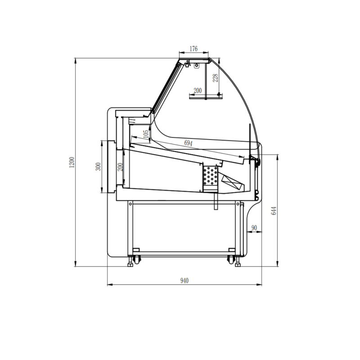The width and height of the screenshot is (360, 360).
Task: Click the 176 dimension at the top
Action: (193, 49)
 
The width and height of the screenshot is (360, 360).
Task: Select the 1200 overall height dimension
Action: (72, 162)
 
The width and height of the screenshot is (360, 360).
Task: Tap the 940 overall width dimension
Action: (184, 280)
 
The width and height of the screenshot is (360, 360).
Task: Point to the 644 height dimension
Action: (274, 211)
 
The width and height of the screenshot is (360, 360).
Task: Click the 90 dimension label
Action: (254, 228)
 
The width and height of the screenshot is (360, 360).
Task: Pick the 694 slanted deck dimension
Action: (188, 143)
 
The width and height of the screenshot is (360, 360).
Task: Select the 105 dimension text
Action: (146, 134)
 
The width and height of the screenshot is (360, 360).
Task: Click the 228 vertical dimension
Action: (215, 78)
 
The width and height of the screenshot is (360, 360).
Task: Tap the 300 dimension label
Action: (98, 166)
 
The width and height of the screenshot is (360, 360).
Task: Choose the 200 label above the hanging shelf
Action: (198, 91)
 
